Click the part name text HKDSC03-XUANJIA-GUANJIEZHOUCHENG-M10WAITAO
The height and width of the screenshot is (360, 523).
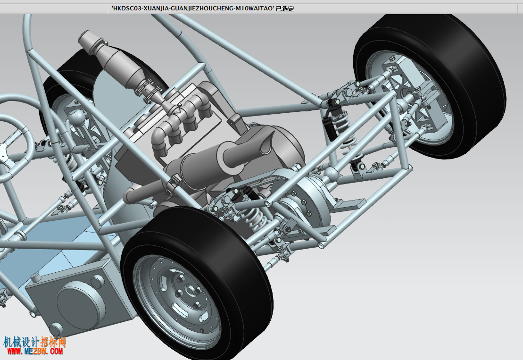(193, 8)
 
